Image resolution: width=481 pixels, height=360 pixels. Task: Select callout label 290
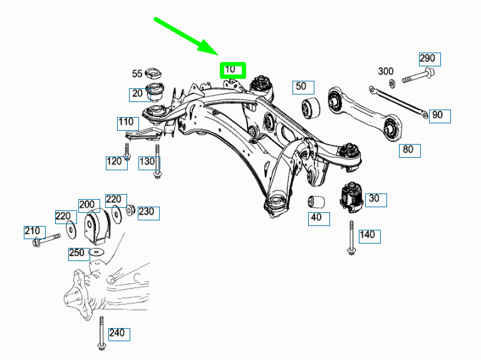(429, 59)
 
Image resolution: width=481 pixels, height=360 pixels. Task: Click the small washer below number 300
(392, 83)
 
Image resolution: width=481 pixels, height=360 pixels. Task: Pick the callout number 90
(437, 115)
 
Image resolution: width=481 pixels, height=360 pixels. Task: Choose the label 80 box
(410, 150)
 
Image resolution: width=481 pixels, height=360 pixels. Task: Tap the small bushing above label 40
(317, 202)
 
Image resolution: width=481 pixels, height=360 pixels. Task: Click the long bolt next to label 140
(351, 237)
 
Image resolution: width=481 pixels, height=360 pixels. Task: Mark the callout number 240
(118, 333)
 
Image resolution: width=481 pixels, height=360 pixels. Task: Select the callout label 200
(88, 205)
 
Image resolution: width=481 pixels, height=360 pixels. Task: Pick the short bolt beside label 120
(127, 152)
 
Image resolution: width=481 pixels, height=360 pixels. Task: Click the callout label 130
(147, 162)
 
